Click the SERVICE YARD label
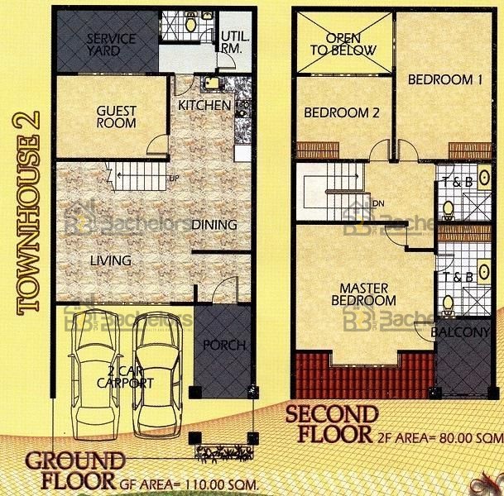111,45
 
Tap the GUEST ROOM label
117,117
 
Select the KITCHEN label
204,105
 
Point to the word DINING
214,225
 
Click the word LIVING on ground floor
111,260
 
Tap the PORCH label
224,345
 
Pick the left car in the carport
95,374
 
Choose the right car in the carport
158,376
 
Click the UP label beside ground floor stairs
174,178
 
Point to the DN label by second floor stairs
379,203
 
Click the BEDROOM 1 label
445,79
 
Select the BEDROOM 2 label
342,112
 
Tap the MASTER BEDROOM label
364,294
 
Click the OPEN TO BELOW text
343,45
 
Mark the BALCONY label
461,332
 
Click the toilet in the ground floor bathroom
191,23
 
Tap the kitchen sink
211,83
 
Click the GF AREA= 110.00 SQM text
189,484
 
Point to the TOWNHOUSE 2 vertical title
27,213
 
